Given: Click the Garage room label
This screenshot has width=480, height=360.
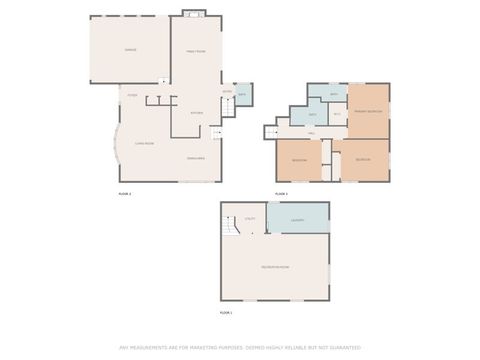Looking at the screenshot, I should (x=130, y=50).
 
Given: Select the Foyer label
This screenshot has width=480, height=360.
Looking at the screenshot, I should (x=131, y=96).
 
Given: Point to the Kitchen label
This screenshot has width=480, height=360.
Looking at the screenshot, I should (x=197, y=113).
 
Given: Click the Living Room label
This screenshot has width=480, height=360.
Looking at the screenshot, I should (x=145, y=143).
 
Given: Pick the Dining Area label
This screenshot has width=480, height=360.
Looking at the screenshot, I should (x=197, y=157).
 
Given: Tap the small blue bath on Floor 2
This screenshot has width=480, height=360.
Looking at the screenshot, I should (x=243, y=95).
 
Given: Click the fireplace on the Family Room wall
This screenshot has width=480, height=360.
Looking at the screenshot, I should (x=194, y=14).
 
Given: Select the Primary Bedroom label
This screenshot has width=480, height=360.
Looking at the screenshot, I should (x=368, y=111).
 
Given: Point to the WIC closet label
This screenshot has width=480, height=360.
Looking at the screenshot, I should (x=337, y=115).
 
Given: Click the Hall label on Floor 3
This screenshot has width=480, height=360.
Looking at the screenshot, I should (x=311, y=132).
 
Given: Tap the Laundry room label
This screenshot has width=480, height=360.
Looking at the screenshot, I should (x=298, y=219).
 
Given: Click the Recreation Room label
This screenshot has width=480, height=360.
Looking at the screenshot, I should (x=275, y=267).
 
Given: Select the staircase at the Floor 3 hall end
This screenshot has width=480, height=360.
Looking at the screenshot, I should (x=271, y=132).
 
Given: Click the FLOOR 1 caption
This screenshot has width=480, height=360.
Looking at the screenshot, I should (x=225, y=313).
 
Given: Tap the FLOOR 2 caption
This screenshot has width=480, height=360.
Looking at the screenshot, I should (x=125, y=193).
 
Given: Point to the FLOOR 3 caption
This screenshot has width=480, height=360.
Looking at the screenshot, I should (x=281, y=193).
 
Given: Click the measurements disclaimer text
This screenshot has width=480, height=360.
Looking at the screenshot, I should (x=240, y=348).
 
